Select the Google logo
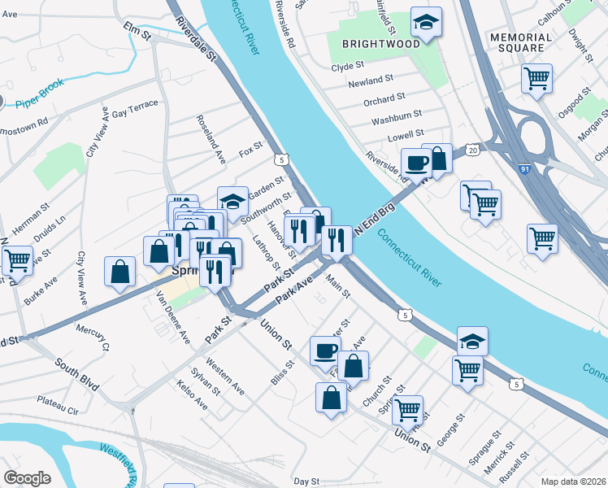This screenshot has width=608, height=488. pyautogui.click(x=28, y=478)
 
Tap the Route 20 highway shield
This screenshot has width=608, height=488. pyautogui.click(x=473, y=150)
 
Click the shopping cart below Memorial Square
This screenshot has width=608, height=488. pyautogui.click(x=537, y=79)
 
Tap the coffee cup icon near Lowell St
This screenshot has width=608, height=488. pyautogui.click(x=417, y=162)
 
